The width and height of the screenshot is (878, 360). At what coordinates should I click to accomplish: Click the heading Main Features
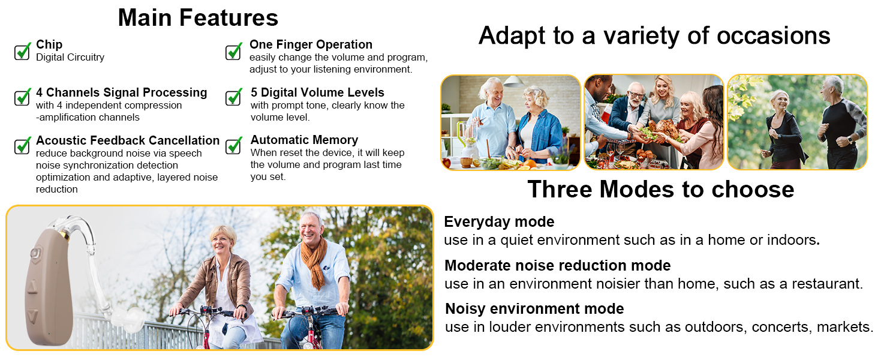coord(198,17)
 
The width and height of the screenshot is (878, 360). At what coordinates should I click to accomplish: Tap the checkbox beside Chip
coord(22,52)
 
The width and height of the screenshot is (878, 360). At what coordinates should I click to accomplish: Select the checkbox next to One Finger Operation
coord(234,52)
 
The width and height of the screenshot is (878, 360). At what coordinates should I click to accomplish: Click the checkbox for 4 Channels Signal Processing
coord(22,97)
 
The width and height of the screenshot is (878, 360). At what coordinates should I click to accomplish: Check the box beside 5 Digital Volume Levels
coord(234,97)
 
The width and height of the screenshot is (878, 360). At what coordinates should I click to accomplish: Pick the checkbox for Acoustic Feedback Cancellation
coord(22,145)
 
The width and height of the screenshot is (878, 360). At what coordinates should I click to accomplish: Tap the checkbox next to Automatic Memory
coord(234,145)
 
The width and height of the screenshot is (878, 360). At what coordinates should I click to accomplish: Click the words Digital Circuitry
coord(70,57)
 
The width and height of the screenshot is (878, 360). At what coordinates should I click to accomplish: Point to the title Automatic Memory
coord(304,140)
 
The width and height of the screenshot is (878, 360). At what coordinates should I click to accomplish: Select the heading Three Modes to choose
coord(661,189)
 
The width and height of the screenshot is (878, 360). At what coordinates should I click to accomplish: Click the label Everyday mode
coord(499,222)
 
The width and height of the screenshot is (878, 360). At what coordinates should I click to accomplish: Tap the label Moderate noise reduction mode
coord(557,265)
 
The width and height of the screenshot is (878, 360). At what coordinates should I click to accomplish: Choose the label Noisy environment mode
coord(534,309)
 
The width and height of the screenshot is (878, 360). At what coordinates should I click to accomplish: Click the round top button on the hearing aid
coord(36,254)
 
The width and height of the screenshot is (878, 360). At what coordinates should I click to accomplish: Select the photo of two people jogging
coord(797,122)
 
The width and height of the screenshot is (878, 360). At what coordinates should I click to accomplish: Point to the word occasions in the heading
coord(773,35)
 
